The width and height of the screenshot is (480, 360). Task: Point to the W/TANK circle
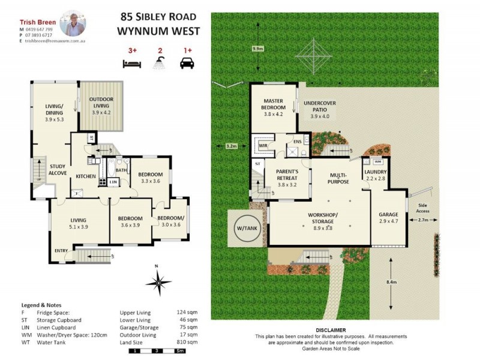244,229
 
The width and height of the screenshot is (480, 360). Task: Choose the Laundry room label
376,172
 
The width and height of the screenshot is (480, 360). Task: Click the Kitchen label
86,176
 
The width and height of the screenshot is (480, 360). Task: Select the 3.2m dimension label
232,145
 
